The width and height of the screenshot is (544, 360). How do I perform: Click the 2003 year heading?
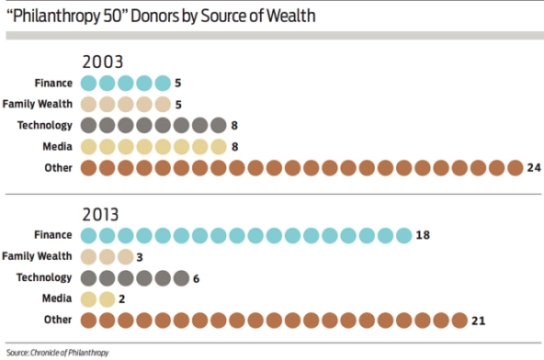(x=103, y=62)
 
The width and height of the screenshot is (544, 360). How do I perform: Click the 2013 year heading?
(x=103, y=214)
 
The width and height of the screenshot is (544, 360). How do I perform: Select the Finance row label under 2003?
(x=54, y=83)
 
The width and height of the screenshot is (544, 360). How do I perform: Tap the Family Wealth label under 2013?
(x=39, y=256)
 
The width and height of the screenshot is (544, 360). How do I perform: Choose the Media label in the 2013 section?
(x=59, y=298)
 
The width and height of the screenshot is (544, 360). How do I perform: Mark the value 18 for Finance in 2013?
(x=424, y=235)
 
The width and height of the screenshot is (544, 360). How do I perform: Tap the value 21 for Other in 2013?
(x=478, y=320)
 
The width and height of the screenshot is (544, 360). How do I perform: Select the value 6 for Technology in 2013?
(x=197, y=277)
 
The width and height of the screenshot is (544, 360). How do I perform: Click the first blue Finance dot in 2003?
(x=89, y=83)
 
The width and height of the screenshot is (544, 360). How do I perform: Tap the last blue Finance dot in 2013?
(x=403, y=235)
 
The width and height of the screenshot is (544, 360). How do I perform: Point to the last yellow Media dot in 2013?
(x=108, y=298)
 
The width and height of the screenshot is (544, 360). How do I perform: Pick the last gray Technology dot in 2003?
(x=218, y=125)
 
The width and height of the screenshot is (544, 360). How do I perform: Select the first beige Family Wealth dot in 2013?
(x=89, y=256)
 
